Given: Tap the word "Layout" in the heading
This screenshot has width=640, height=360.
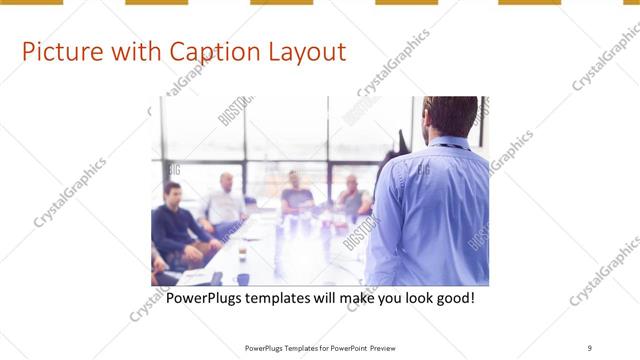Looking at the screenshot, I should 304,52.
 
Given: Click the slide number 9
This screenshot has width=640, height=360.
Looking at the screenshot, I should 590,348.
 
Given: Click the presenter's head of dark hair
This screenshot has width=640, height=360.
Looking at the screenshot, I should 450,112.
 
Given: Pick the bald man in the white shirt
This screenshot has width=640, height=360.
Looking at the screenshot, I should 226,200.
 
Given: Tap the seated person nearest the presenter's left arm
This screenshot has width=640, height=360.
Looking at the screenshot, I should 352,196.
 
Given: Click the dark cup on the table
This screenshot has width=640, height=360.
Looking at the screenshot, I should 243,280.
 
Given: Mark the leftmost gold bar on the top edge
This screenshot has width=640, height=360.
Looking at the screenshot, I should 31,2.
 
